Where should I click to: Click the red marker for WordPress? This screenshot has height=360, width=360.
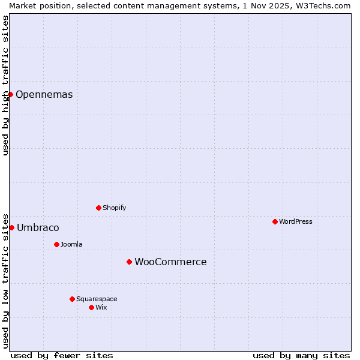(x=275, y=221)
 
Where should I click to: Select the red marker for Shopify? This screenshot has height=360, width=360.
(x=98, y=208)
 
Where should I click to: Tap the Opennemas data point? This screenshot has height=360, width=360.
(x=10, y=94)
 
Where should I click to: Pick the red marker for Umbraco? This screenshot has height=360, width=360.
(x=11, y=227)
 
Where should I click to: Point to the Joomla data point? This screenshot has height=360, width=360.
(x=56, y=244)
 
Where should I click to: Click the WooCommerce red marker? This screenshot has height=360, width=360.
(x=129, y=262)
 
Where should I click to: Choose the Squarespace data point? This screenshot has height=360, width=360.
(x=72, y=299)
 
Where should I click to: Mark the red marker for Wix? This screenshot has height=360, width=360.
(x=91, y=307)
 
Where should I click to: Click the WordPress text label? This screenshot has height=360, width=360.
(x=296, y=221)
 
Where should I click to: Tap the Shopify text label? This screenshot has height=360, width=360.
(x=115, y=208)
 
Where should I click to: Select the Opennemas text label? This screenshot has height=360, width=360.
(x=44, y=94)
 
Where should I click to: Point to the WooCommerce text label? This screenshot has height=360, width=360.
(x=170, y=262)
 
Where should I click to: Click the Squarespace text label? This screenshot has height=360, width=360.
(x=97, y=299)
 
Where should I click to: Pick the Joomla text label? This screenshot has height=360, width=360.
(x=71, y=244)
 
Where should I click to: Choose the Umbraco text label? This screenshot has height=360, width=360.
(x=38, y=227)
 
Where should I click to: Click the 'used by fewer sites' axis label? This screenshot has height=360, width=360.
(x=62, y=355)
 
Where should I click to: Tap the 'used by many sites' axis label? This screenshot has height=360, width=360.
(x=301, y=355)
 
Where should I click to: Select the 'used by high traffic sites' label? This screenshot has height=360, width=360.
(x=5, y=85)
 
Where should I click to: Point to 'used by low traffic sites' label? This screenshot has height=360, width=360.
(x=5, y=281)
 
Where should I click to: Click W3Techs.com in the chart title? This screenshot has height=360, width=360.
(x=322, y=5)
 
